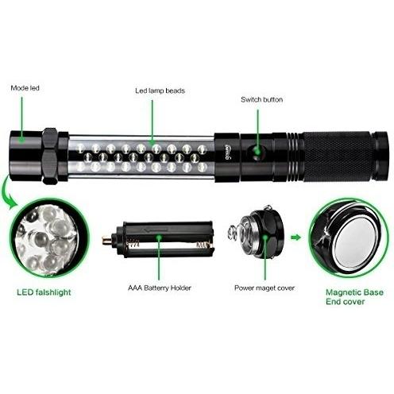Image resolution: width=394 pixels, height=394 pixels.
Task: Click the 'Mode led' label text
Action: [x=25, y=88]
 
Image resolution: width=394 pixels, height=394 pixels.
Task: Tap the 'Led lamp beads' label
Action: [x=160, y=91]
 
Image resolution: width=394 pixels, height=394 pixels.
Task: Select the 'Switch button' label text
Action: [x=261, y=99]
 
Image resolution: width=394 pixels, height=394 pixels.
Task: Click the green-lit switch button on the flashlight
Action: [x=257, y=152]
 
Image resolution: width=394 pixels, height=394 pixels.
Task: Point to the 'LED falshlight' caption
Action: [x=44, y=292]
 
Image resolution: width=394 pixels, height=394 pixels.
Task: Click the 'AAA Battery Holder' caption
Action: [x=160, y=288]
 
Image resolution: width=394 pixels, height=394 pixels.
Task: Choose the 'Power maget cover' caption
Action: [x=265, y=288]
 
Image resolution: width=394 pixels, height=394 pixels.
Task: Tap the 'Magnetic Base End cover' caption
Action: [x=354, y=297]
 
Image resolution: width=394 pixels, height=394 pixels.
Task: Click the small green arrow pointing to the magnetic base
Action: [x=296, y=237]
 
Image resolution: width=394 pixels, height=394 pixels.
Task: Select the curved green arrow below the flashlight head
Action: [x=7, y=192]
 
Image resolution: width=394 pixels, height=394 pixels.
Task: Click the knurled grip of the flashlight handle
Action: [x=338, y=156]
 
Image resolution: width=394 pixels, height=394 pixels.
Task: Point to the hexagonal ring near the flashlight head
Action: [x=50, y=156]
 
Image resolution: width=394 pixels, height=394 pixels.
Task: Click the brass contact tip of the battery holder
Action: [x=107, y=240]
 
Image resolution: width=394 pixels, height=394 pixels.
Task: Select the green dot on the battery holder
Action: [x=159, y=237]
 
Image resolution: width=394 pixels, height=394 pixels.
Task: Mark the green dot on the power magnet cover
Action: [x=265, y=237]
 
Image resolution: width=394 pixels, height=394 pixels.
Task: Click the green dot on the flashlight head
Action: [x=22, y=139]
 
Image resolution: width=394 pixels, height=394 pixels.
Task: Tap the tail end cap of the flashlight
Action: [x=380, y=156]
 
